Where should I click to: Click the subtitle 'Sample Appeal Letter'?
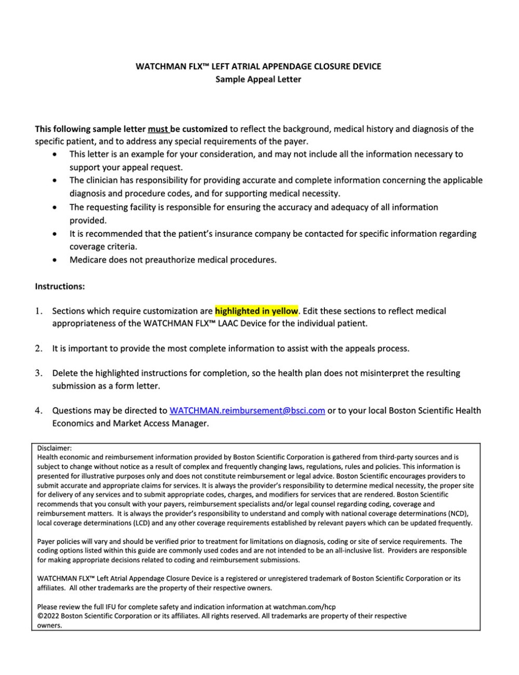(x=258, y=79)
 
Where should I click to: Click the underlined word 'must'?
(x=158, y=129)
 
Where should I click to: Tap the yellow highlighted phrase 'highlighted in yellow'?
(x=256, y=311)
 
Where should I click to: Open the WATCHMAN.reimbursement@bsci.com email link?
(x=247, y=410)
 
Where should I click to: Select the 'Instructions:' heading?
(x=60, y=286)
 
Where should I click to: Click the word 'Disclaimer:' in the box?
(x=54, y=448)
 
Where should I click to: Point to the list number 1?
(x=39, y=311)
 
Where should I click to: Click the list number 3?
(x=39, y=373)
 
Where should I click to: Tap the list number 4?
(x=39, y=410)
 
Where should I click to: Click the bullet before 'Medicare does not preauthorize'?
(x=56, y=260)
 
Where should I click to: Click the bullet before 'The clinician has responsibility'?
(x=56, y=180)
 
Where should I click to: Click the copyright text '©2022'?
(x=48, y=615)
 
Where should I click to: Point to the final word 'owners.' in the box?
(x=50, y=625)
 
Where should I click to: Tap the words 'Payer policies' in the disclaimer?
(x=59, y=541)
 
